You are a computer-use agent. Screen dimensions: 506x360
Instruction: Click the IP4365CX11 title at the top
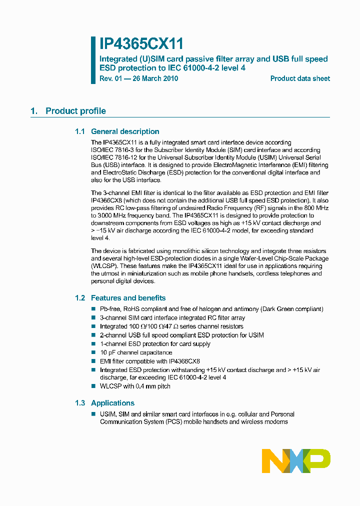pos(141,44)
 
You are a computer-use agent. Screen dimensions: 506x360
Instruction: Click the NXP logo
pos(296,460)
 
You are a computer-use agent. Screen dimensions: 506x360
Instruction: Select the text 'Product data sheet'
pos(300,78)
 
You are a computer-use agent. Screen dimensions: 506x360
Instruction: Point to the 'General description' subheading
pos(125,131)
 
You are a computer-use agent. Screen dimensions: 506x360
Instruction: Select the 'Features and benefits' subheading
pos(128,298)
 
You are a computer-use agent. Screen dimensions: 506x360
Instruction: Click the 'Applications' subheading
pos(112,403)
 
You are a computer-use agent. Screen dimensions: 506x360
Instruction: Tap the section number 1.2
pos(80,298)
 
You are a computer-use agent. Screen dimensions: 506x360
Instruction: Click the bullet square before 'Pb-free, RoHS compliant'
pos(93,309)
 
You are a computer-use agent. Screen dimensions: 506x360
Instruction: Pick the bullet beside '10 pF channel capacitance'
pos(93,352)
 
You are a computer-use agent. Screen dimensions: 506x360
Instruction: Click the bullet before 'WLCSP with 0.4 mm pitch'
pos(93,386)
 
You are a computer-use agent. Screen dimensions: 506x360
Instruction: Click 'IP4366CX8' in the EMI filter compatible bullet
pos(184,361)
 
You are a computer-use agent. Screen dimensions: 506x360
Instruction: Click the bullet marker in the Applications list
pos(93,414)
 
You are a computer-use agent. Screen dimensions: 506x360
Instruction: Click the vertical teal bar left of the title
pos(93,60)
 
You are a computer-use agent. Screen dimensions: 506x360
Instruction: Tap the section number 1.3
pos(80,403)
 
